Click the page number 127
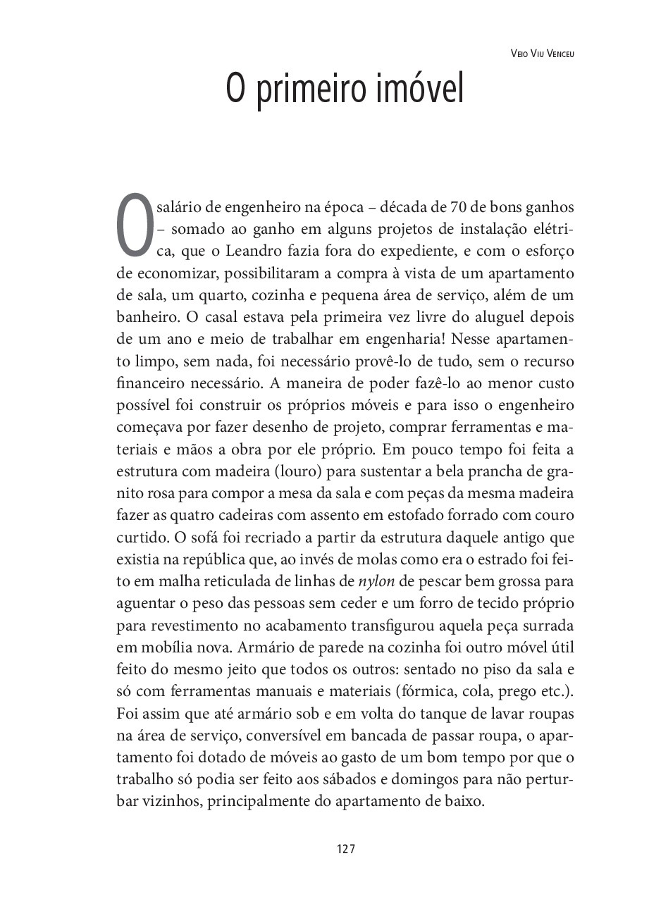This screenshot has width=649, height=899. [345, 849]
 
